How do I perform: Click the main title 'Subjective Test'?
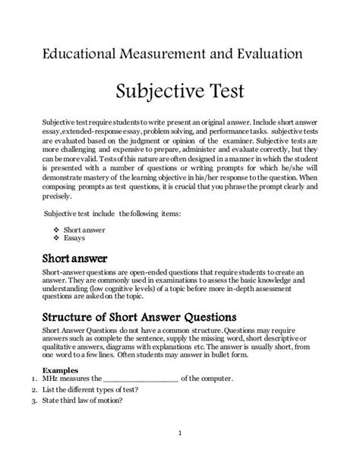[179, 94]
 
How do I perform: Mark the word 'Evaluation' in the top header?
[263, 54]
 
